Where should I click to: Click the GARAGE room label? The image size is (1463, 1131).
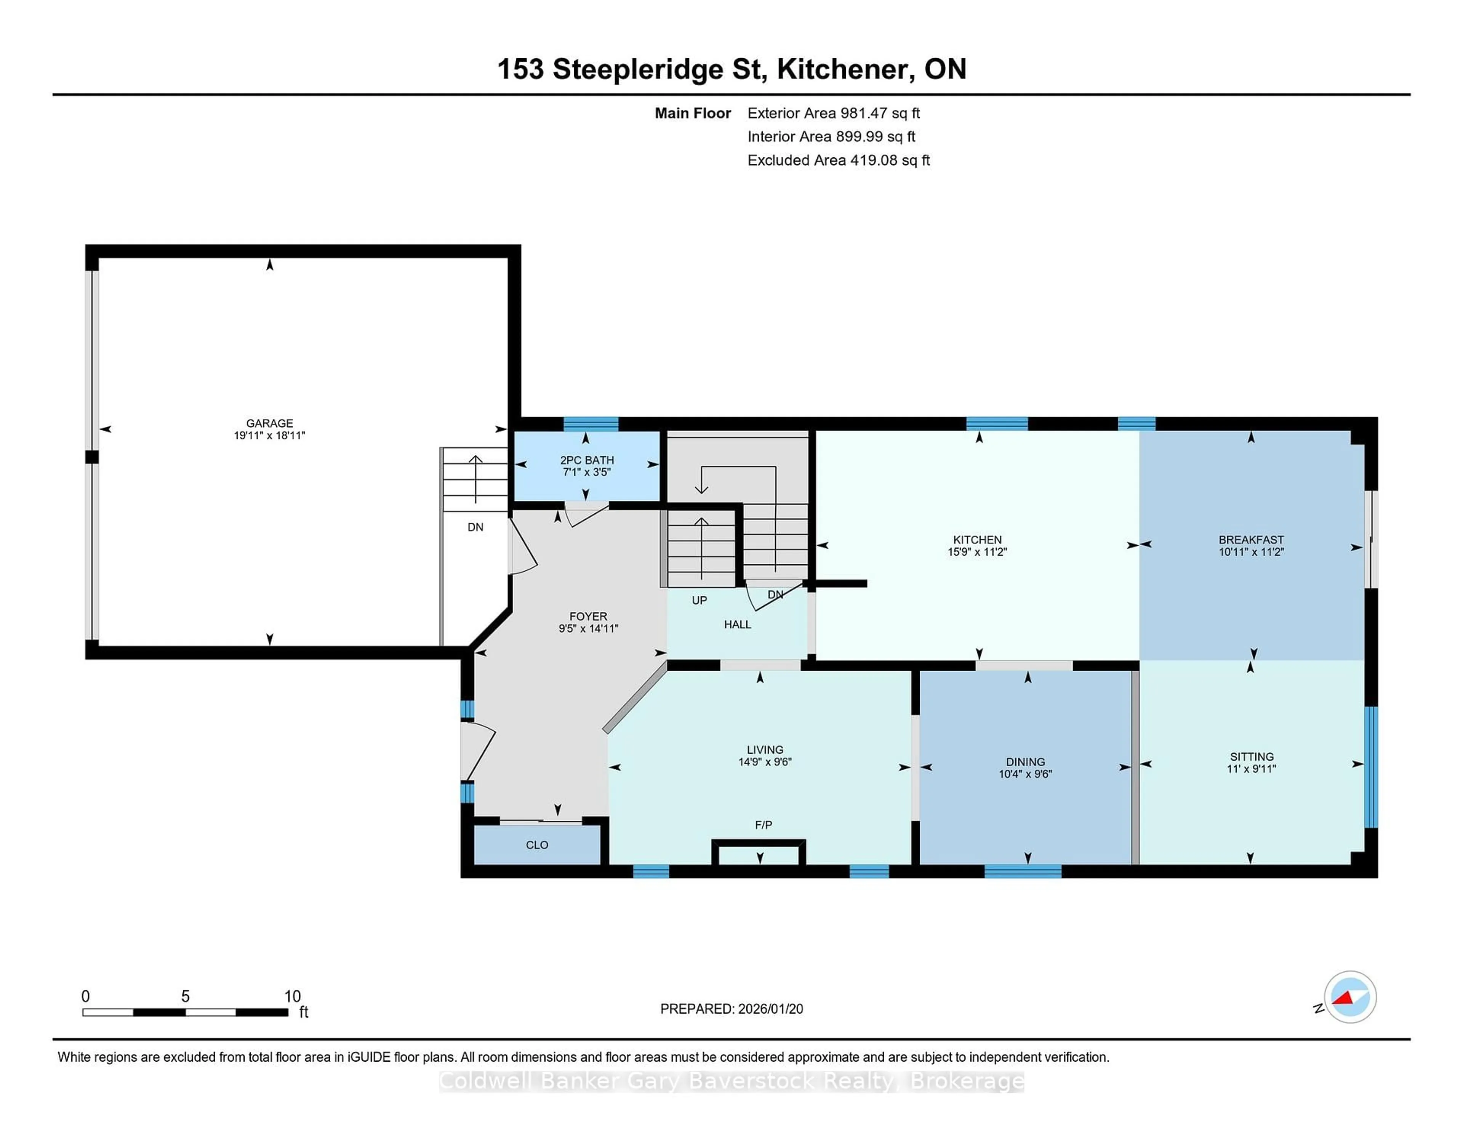(269, 423)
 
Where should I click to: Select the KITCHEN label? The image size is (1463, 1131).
(977, 539)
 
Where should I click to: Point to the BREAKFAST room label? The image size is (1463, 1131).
(1251, 539)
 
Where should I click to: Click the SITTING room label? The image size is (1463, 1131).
(1251, 756)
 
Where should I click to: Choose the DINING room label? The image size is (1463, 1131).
(1025, 762)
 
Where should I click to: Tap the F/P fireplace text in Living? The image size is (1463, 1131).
(763, 825)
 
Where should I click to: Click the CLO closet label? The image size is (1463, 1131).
(536, 845)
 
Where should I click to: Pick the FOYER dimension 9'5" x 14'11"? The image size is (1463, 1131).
(588, 628)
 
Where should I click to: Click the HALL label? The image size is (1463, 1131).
(737, 625)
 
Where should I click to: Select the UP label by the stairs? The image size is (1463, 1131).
(699, 600)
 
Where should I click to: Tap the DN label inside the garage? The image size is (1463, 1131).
(475, 527)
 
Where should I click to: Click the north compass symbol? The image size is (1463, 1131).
(1350, 997)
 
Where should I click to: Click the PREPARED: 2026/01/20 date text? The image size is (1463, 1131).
(731, 1009)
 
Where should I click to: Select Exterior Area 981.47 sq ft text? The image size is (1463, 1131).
(833, 113)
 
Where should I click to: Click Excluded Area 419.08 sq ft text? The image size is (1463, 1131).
(838, 160)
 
